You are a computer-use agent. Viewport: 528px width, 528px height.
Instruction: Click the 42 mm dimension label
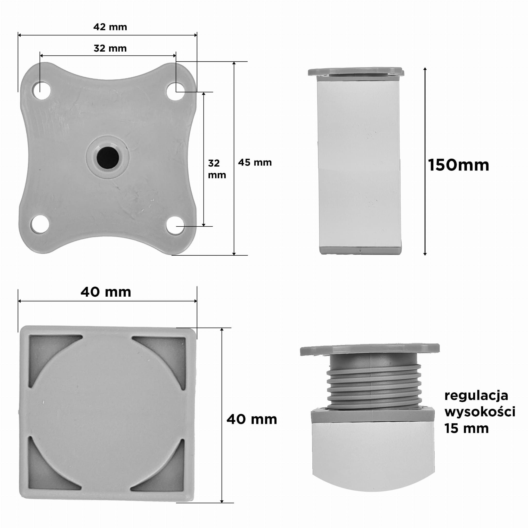coord(110,27)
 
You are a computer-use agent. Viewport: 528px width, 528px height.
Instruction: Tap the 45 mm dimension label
coord(255,163)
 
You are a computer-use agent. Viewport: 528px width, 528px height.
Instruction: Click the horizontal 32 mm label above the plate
coord(110,48)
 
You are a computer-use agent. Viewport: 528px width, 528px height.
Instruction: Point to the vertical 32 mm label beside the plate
coord(217,169)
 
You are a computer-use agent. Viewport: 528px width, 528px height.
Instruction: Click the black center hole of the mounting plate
coord(108,158)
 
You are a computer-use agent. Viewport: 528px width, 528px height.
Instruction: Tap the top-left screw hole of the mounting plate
coord(42,91)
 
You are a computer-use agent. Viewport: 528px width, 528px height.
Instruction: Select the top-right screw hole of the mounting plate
coord(175,91)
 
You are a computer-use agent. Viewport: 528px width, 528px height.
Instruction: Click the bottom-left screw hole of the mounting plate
coord(40,224)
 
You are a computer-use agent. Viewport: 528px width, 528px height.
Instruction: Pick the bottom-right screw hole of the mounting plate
coord(175,225)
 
